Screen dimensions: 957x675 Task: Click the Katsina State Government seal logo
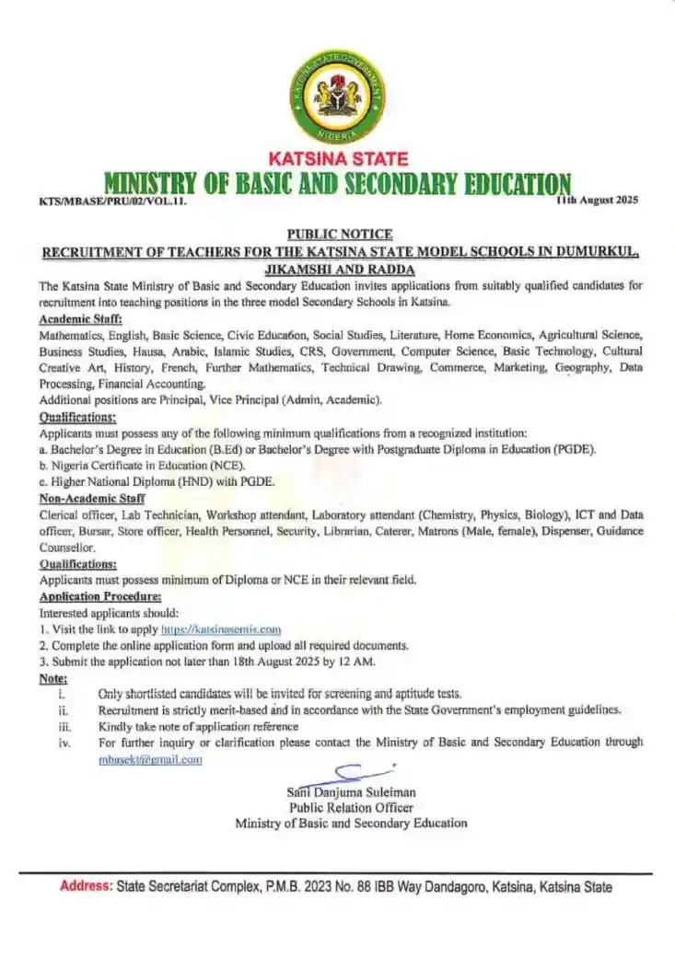coord(337,97)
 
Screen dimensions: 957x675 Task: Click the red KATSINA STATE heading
coord(338,159)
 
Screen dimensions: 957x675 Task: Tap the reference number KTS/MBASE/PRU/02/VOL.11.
coord(112,200)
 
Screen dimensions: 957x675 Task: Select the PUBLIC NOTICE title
coord(340,234)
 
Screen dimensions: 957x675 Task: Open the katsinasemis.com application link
coord(221,629)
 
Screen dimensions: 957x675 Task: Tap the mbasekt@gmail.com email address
coord(150,759)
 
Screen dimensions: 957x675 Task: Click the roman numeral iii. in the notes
coord(64,726)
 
